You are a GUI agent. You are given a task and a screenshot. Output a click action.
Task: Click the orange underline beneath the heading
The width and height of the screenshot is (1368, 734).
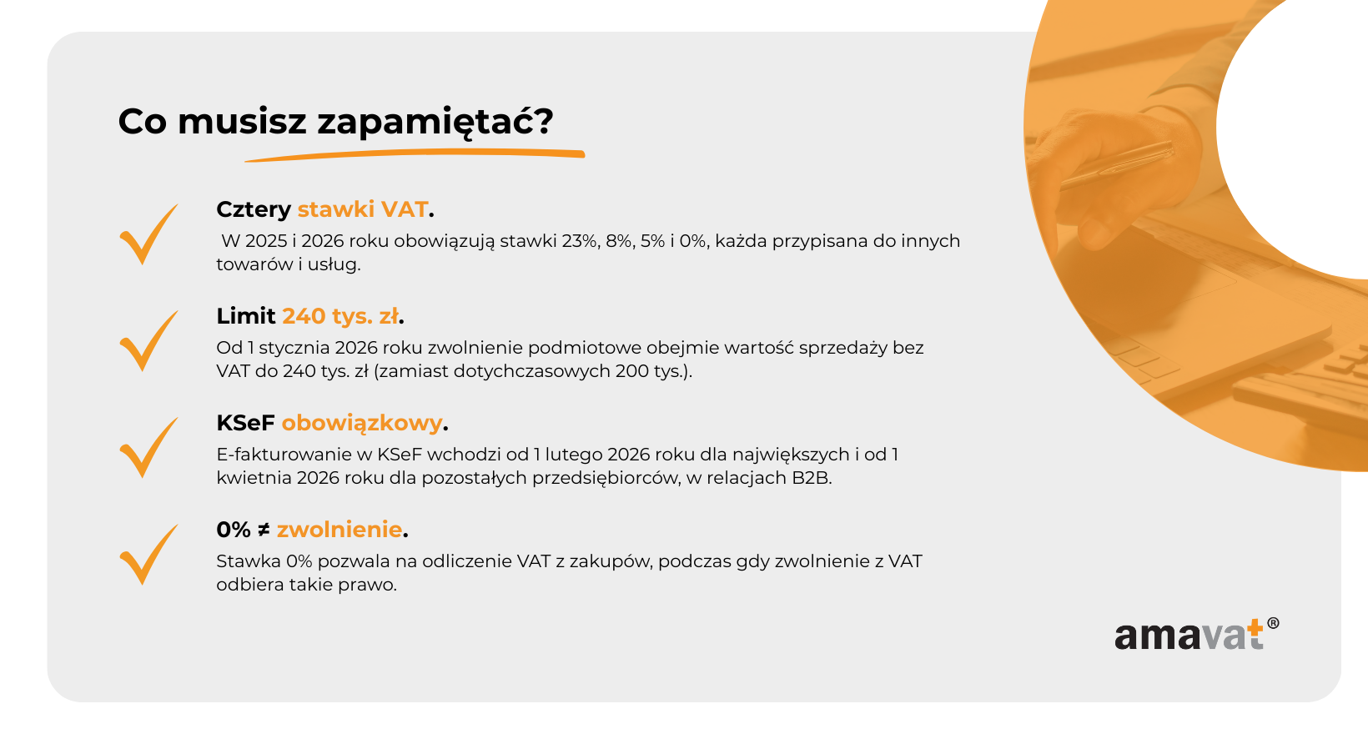pos(415,155)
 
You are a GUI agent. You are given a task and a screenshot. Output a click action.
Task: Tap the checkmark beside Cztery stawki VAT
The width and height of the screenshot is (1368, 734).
pos(148,234)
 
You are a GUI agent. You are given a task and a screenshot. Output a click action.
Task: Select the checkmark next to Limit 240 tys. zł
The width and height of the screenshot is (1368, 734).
pos(148,341)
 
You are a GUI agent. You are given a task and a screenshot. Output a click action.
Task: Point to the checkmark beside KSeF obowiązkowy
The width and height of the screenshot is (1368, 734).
pos(148,448)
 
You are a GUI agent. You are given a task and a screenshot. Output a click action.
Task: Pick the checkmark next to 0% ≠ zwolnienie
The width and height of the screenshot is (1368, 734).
pos(148,555)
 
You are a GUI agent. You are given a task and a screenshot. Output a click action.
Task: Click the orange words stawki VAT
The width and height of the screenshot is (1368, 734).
pos(362,209)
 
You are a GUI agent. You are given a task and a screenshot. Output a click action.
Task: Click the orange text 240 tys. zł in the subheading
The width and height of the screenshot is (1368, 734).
pos(340,316)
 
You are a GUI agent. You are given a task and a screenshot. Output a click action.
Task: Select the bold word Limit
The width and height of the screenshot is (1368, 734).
pos(245,316)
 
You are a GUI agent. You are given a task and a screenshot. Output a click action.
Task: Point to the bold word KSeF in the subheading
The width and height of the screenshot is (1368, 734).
pos(245,423)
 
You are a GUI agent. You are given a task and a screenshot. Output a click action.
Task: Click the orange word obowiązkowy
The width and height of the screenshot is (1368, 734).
pos(361,424)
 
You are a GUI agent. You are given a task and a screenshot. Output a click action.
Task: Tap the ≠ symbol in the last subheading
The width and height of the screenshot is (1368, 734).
pos(264,530)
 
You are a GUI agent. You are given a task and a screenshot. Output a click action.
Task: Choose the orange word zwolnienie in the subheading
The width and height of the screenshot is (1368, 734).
pos(339,530)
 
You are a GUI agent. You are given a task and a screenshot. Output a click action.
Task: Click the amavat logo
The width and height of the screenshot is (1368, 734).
pos(1196,634)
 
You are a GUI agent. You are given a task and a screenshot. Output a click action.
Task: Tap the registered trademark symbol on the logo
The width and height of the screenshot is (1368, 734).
pos(1273,623)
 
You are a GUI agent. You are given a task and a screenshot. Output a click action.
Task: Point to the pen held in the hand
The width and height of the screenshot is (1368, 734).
pos(1119,165)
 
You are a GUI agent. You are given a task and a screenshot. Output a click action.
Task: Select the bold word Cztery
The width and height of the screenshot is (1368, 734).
pos(254,210)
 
